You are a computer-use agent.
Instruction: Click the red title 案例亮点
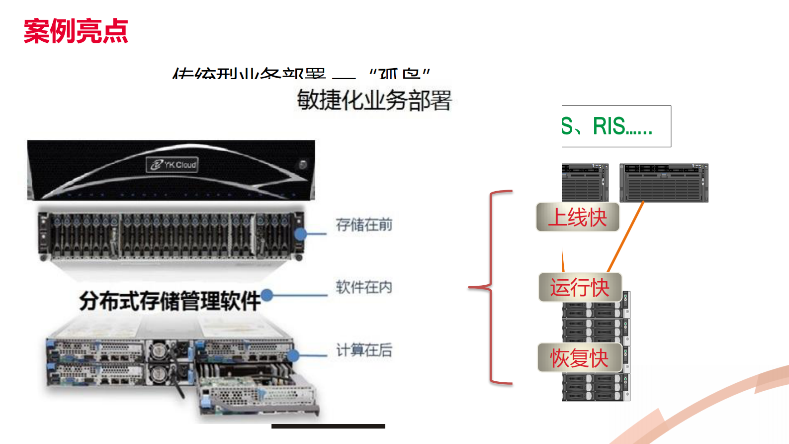(x=76, y=31)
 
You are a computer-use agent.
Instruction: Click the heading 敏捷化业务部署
(x=374, y=100)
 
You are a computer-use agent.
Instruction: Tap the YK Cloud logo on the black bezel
(x=173, y=164)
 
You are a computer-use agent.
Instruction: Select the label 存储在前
(x=364, y=225)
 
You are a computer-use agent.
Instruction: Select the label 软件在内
(x=364, y=287)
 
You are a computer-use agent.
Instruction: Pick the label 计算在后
(x=364, y=350)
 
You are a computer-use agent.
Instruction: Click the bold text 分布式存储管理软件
(x=170, y=301)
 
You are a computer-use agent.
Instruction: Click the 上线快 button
(x=578, y=217)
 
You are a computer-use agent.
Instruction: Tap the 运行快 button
(x=580, y=287)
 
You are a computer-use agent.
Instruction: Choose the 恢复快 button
(x=580, y=357)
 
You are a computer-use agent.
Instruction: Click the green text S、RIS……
(x=607, y=126)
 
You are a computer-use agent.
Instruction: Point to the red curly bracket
(x=490, y=287)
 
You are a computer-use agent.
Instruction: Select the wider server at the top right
(x=664, y=183)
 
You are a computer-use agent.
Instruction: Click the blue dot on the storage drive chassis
(x=300, y=234)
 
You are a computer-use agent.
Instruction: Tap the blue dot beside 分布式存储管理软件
(x=267, y=295)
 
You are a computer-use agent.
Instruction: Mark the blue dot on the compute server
(x=293, y=355)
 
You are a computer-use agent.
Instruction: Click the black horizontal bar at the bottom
(x=328, y=426)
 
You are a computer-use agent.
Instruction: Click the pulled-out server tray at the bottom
(x=259, y=393)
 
